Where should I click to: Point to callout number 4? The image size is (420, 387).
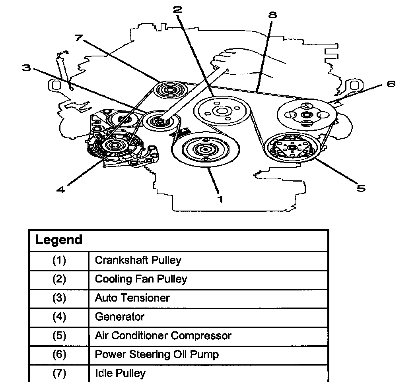[x=60, y=190]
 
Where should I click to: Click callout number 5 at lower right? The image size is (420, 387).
[x=360, y=188]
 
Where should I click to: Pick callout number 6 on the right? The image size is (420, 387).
[x=391, y=84]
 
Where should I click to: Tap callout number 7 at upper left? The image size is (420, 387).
[x=78, y=38]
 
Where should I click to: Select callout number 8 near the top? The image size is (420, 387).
[x=272, y=15]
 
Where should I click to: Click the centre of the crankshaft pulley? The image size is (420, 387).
[x=205, y=150]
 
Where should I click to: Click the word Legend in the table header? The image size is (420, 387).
[x=58, y=240]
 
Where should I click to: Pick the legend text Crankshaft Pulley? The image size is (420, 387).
[x=138, y=261]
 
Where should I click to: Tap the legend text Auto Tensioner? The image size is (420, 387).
[x=132, y=298]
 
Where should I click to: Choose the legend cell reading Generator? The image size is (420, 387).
[x=120, y=317]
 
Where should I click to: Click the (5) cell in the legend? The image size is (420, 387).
[x=59, y=336]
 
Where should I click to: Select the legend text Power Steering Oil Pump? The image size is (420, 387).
[x=157, y=354]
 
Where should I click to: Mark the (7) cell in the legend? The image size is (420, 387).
[x=59, y=373]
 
